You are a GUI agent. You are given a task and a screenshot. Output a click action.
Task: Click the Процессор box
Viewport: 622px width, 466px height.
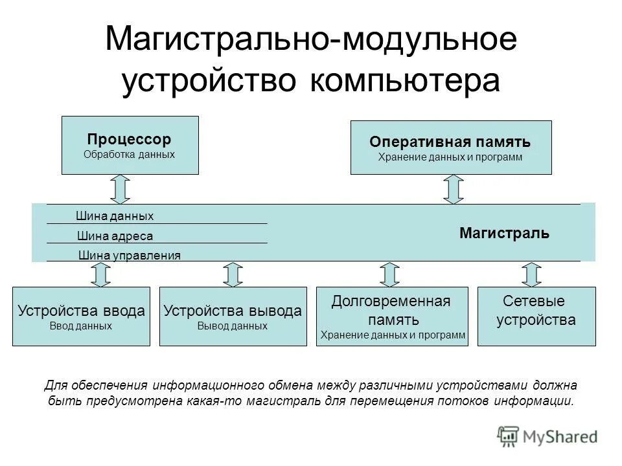pos(130,145)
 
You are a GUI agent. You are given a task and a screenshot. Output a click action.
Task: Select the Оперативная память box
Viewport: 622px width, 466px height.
pos(451,147)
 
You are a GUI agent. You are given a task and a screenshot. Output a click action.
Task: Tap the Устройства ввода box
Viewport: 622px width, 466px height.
pos(81,316)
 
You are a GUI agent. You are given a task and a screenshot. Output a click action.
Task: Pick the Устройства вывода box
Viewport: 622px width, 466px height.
pos(233,316)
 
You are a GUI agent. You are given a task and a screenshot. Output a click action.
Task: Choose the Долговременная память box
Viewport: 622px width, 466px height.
pos(391,316)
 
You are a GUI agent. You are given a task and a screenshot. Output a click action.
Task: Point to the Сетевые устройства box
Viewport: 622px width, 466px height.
pos(536,316)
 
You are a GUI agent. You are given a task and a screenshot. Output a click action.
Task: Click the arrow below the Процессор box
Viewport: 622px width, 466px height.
pos(121,188)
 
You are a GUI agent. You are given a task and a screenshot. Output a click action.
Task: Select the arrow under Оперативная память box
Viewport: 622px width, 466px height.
pos(454,189)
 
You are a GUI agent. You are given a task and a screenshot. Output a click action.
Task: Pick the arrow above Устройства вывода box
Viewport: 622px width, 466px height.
pos(233,274)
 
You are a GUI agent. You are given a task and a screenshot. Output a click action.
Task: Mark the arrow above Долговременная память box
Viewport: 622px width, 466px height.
pos(389,274)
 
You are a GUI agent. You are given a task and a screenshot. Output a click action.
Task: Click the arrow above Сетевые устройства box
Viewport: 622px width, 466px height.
pos(532,274)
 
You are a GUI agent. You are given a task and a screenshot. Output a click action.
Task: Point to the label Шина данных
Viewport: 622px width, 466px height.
pos(115,216)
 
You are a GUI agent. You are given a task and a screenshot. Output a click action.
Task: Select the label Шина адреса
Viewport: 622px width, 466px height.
pos(115,236)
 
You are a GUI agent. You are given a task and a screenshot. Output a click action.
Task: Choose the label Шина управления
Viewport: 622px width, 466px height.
pos(129,255)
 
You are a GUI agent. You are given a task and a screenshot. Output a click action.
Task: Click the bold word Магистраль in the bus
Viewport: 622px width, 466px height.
pos(504,233)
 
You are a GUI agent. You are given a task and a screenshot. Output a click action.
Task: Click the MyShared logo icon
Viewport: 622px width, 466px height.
pos(509,436)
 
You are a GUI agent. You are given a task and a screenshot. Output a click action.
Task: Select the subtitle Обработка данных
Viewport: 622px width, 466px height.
pos(130,155)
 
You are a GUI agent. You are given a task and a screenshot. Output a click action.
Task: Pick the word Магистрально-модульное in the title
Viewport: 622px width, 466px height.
pos(311,40)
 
